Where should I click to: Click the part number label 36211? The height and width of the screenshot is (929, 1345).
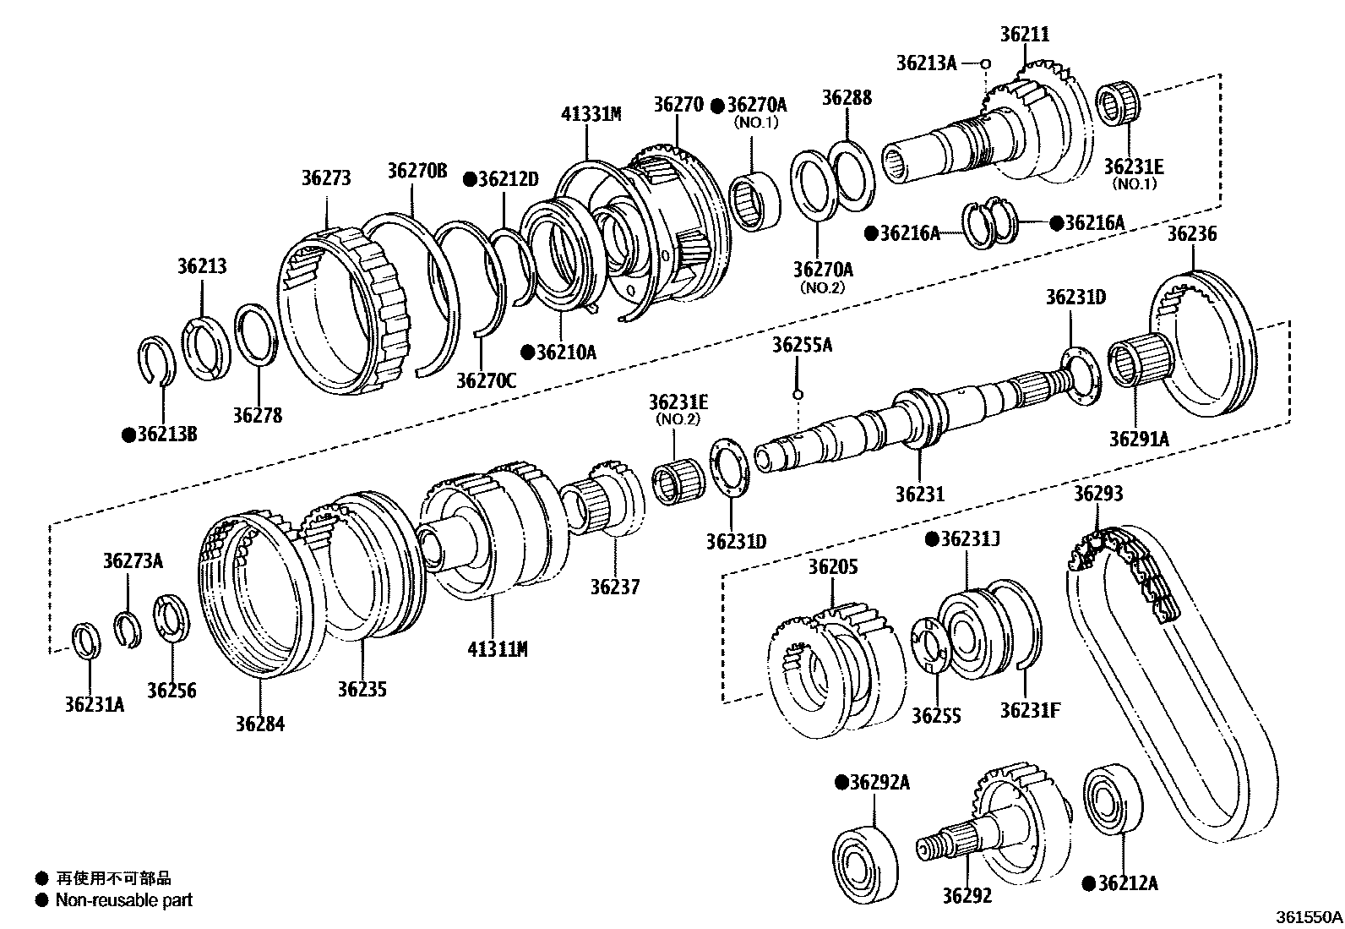click(x=1024, y=35)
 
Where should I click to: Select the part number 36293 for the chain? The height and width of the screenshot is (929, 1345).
click(x=1098, y=494)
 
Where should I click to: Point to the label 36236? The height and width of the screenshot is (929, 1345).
click(x=1192, y=234)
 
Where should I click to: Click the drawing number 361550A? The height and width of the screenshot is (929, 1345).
click(x=1309, y=916)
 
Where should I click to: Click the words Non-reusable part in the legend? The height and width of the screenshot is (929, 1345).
click(x=123, y=900)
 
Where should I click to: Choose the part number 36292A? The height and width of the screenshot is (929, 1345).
click(x=879, y=783)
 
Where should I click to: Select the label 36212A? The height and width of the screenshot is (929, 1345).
click(x=1126, y=883)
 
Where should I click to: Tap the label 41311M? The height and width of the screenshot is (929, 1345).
click(x=497, y=649)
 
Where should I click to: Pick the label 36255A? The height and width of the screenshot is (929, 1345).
click(x=802, y=345)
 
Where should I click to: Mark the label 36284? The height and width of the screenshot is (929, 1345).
click(x=260, y=724)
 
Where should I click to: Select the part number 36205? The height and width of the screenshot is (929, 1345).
click(x=832, y=566)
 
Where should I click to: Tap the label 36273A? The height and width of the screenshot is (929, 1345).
click(x=133, y=560)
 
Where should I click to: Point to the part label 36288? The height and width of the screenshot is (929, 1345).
click(x=847, y=98)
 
